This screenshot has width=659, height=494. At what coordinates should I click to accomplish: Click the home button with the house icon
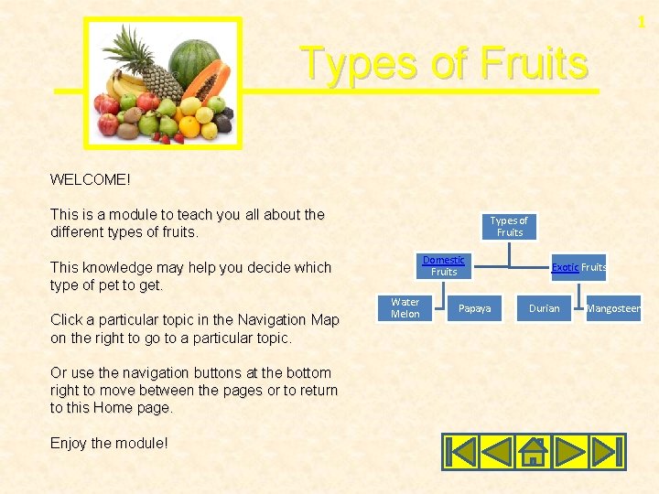pos(534,451)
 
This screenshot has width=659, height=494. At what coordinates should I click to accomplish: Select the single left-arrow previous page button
pos(497,451)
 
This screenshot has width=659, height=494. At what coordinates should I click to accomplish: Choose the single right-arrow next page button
pos(570,451)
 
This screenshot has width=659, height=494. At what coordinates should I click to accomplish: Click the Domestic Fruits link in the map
pos(443,266)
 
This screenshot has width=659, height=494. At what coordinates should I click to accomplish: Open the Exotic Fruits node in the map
pos(578,267)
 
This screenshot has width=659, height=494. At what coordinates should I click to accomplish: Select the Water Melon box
pos(405,308)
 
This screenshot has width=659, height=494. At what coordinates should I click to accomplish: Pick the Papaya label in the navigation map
pos(474,308)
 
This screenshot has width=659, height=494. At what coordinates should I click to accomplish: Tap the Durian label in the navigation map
pos(544,308)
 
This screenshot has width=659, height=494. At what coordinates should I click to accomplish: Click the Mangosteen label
pos(613,308)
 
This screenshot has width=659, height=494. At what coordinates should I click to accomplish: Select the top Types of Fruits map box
pos(509,227)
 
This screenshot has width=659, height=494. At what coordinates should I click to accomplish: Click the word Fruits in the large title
pos(534,64)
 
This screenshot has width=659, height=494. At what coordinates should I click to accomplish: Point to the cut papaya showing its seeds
pos(208,86)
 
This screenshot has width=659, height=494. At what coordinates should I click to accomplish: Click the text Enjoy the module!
pos(109,443)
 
